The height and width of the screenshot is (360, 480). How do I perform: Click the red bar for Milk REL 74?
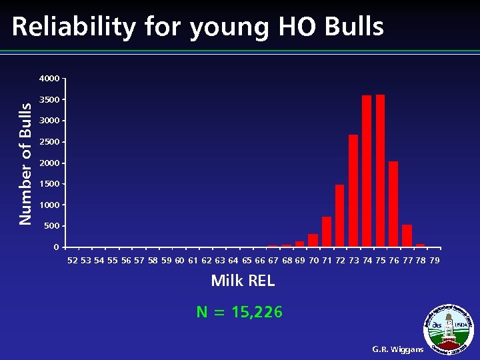(x=367, y=171)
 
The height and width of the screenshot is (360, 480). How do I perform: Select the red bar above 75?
(x=380, y=171)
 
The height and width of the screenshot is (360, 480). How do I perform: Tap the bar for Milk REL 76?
(x=393, y=204)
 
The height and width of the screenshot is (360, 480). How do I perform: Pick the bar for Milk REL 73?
(x=353, y=191)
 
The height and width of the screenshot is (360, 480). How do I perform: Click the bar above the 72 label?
(x=340, y=215)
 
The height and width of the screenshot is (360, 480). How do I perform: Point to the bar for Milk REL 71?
(x=327, y=231)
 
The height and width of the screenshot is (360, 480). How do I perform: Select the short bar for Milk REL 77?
(x=407, y=236)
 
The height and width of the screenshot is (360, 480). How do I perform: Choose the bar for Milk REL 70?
(x=313, y=240)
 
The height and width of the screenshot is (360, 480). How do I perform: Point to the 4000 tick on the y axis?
(x=49, y=79)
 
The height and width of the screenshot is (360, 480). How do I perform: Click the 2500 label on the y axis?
(x=49, y=142)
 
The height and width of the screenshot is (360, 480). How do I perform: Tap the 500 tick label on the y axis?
(x=52, y=226)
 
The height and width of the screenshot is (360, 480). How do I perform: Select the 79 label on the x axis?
(x=435, y=260)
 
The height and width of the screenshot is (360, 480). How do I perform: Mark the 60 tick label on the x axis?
(x=179, y=260)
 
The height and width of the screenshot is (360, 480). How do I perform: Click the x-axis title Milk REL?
(x=243, y=281)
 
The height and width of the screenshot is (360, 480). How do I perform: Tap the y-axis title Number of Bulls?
(x=25, y=163)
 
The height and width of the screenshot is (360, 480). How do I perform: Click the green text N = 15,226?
(x=239, y=312)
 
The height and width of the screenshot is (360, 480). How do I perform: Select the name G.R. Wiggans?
(x=398, y=349)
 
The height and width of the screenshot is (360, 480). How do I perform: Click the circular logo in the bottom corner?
(x=450, y=327)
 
